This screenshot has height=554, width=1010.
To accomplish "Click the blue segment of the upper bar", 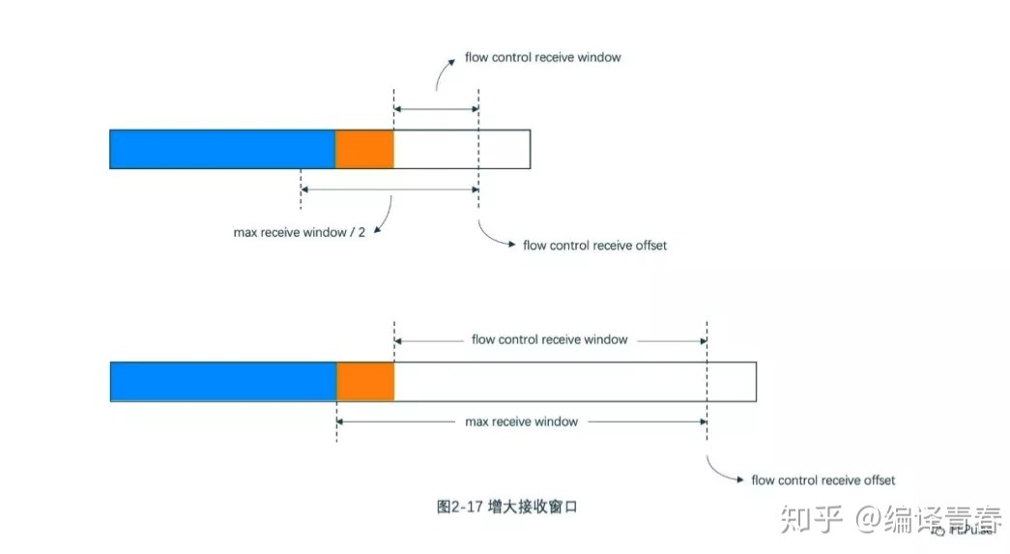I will pyautogui.click(x=222, y=149).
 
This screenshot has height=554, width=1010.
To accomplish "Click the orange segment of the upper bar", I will pyautogui.click(x=364, y=149).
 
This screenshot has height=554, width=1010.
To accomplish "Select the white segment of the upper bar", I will pyautogui.click(x=462, y=149).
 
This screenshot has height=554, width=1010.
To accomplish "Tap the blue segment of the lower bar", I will pyautogui.click(x=223, y=381).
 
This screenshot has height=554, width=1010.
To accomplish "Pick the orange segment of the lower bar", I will pyautogui.click(x=365, y=381).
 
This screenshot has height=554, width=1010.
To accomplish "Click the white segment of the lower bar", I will pyautogui.click(x=575, y=381).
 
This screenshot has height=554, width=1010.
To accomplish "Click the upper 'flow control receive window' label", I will pyautogui.click(x=543, y=58).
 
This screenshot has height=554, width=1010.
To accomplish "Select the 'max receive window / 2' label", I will pyautogui.click(x=299, y=232).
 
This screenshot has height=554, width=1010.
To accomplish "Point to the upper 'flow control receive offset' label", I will pyautogui.click(x=594, y=246).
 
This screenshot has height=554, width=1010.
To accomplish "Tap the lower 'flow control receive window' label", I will pyautogui.click(x=549, y=339).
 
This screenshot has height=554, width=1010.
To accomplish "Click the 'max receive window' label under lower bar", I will pyautogui.click(x=521, y=422).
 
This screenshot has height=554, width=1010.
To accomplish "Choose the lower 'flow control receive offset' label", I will pyautogui.click(x=823, y=481).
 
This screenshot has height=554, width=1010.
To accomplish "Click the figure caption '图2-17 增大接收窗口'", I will pyautogui.click(x=506, y=506).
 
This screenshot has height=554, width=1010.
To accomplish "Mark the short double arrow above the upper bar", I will pyautogui.click(x=436, y=109).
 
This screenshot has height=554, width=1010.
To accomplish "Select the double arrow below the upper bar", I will pyautogui.click(x=390, y=190).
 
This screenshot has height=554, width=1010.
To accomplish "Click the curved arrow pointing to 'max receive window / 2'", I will pyautogui.click(x=384, y=216).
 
